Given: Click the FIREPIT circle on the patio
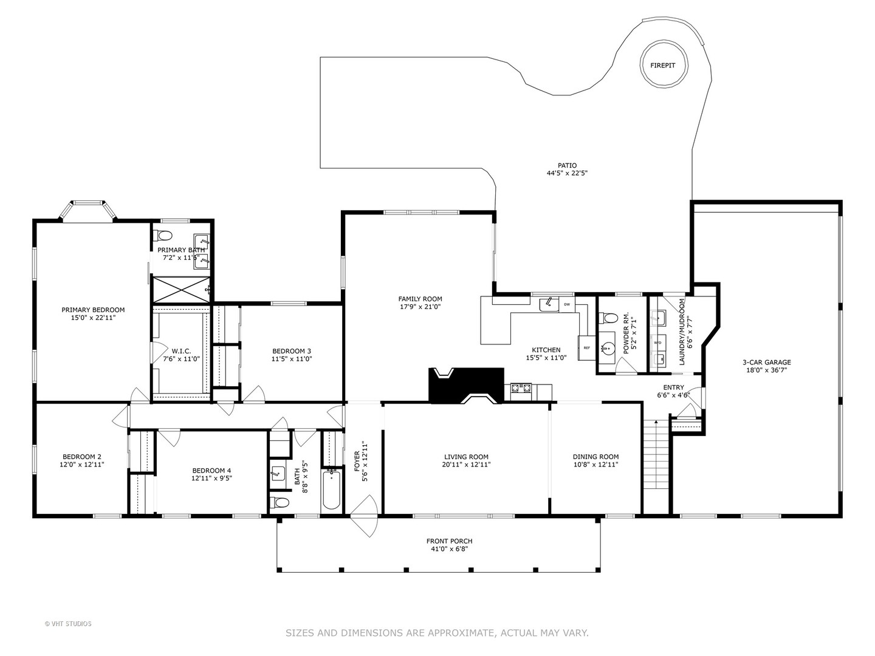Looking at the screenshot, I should (x=662, y=65).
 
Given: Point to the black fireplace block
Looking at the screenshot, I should (x=466, y=385).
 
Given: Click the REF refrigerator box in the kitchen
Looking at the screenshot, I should (x=586, y=348).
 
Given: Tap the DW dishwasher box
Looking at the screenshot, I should (x=566, y=304).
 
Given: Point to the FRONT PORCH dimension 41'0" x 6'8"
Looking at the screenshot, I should (x=449, y=549).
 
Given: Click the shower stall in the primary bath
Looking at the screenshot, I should (x=181, y=289).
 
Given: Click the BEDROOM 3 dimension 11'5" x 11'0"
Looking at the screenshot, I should (x=292, y=358).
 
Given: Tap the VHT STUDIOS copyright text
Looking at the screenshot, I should (x=68, y=623).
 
